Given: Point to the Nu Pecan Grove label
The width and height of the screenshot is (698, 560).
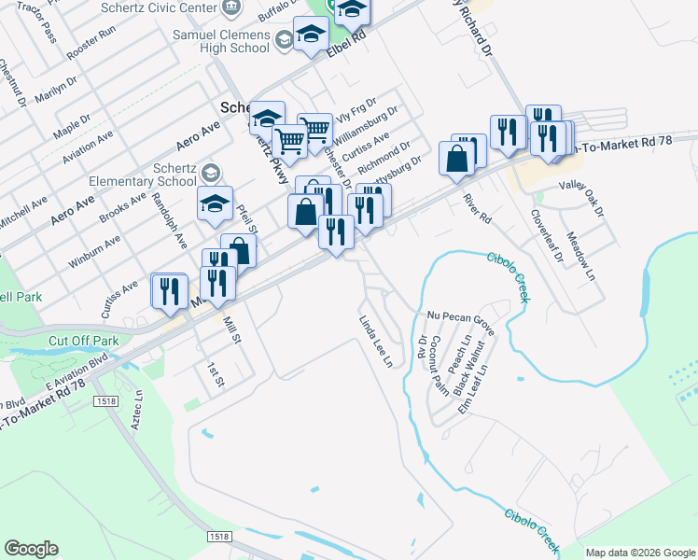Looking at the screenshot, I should (460, 318).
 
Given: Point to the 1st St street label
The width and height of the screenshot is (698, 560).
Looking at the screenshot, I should (216, 375).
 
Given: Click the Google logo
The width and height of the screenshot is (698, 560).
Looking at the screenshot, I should (31, 549).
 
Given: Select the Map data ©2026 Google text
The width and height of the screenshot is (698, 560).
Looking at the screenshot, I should (640, 553).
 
